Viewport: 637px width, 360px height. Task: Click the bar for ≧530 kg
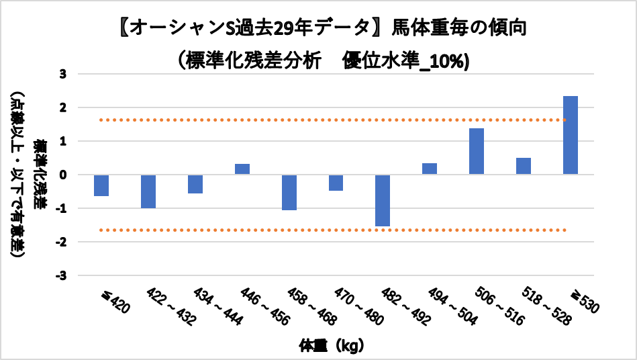pyautogui.click(x=571, y=135)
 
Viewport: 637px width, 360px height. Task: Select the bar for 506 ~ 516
pyautogui.click(x=477, y=151)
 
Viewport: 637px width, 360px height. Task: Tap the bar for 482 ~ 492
pyautogui.click(x=383, y=200)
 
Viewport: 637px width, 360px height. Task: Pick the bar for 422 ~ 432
pyautogui.click(x=148, y=191)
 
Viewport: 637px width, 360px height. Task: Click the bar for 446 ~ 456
pyautogui.click(x=242, y=169)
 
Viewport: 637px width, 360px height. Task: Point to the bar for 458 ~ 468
pyautogui.click(x=289, y=192)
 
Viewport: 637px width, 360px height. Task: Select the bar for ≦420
pyautogui.click(x=101, y=185)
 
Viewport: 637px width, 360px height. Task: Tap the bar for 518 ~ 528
pyautogui.click(x=524, y=166)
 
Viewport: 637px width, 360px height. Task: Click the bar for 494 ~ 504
pyautogui.click(x=430, y=169)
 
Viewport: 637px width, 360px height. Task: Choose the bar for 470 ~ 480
pyautogui.click(x=336, y=183)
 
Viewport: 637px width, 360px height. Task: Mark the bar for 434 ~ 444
pyautogui.click(x=195, y=184)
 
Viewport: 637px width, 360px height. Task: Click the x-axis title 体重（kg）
pyautogui.click(x=333, y=347)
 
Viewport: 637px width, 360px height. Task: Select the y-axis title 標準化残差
pyautogui.click(x=41, y=174)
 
